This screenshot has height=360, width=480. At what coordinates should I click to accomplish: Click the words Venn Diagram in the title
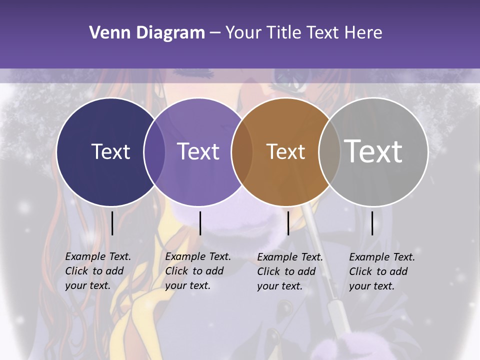pos(147,33)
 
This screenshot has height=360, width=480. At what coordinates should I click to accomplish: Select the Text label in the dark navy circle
pos(110,151)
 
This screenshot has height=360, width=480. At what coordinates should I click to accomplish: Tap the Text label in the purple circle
pos(198,151)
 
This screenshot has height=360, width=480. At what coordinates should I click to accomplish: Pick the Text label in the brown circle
pos(285,151)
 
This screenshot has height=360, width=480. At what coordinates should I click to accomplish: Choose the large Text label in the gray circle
pos(373,151)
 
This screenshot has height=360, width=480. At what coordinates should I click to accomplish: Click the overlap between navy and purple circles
pos(154,152)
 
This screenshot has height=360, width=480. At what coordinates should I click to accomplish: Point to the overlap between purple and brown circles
pos(242,152)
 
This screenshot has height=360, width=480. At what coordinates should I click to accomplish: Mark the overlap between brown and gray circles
pos(329,152)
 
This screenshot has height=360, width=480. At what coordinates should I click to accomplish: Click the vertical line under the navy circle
pos(112,223)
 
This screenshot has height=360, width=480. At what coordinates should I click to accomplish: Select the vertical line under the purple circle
pos(200,223)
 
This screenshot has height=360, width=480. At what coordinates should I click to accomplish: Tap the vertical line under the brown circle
pos(288,223)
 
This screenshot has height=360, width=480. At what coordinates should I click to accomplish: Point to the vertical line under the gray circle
pos(372,223)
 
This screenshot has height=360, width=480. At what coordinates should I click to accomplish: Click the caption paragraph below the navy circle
pos(97,271)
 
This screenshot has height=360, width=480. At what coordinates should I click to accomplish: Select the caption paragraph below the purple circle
pos(197,271)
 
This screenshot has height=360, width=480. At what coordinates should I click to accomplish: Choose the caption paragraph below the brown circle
pos(289,271)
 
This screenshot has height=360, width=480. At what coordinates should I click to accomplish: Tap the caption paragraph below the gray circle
pos(381,271)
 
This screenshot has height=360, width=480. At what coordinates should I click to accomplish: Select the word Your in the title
pos(244,33)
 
